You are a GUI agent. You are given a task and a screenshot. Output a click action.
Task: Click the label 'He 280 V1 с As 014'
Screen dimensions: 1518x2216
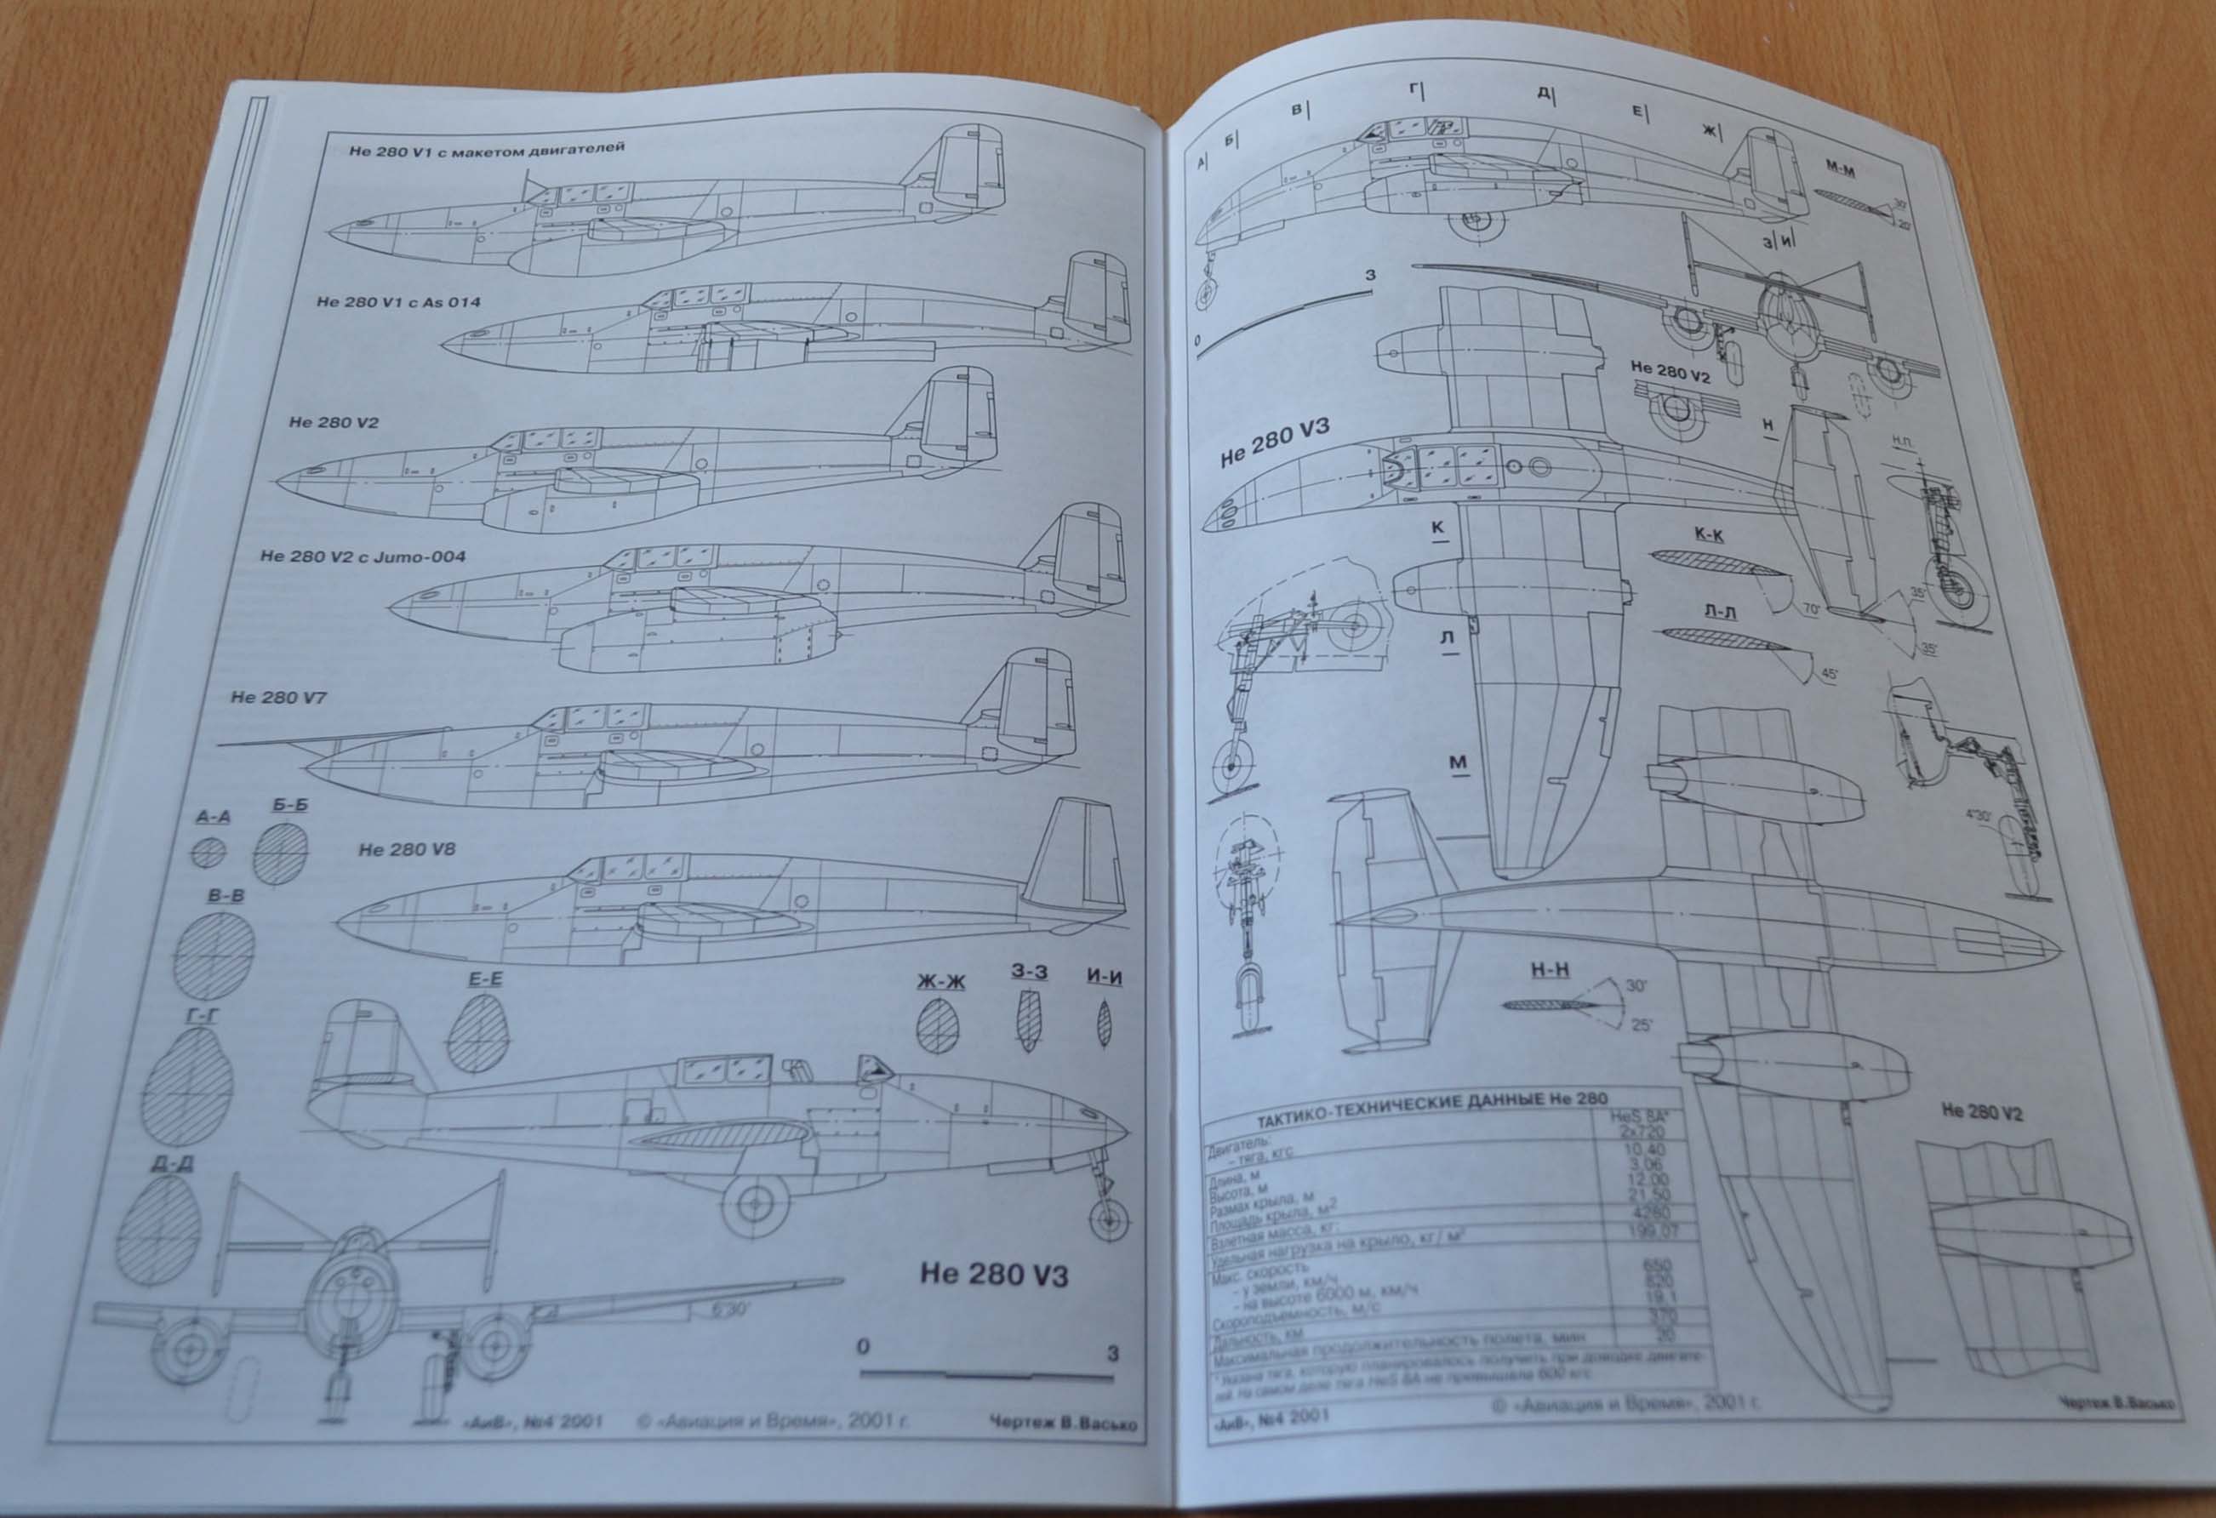pyautogui.click(x=397, y=302)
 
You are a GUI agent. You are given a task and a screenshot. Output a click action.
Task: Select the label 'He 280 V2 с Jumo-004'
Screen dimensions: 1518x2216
pyautogui.click(x=363, y=556)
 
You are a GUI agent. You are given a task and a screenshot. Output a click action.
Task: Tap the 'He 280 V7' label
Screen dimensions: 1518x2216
pyautogui.click(x=277, y=697)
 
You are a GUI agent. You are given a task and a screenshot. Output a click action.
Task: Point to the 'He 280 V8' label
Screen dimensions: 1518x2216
pyautogui.click(x=406, y=848)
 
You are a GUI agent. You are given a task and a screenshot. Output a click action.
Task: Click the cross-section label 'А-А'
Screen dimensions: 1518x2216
pyautogui.click(x=212, y=817)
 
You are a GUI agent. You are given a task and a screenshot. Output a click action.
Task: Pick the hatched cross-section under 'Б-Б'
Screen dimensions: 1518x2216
pyautogui.click(x=280, y=852)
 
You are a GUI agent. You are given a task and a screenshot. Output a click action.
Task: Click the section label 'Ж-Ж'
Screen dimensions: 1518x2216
pyautogui.click(x=940, y=981)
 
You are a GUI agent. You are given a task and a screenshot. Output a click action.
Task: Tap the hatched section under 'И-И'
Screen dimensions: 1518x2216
pyautogui.click(x=1105, y=1024)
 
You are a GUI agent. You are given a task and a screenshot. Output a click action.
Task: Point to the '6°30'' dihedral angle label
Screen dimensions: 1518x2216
pyautogui.click(x=730, y=1310)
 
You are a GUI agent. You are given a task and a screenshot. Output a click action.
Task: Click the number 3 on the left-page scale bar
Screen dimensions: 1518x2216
pyautogui.click(x=1111, y=1353)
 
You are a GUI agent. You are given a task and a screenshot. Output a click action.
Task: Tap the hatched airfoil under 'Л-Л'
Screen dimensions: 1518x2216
pyautogui.click(x=1724, y=640)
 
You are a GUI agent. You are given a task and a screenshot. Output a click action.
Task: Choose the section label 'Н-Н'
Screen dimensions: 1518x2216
pyautogui.click(x=1550, y=971)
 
